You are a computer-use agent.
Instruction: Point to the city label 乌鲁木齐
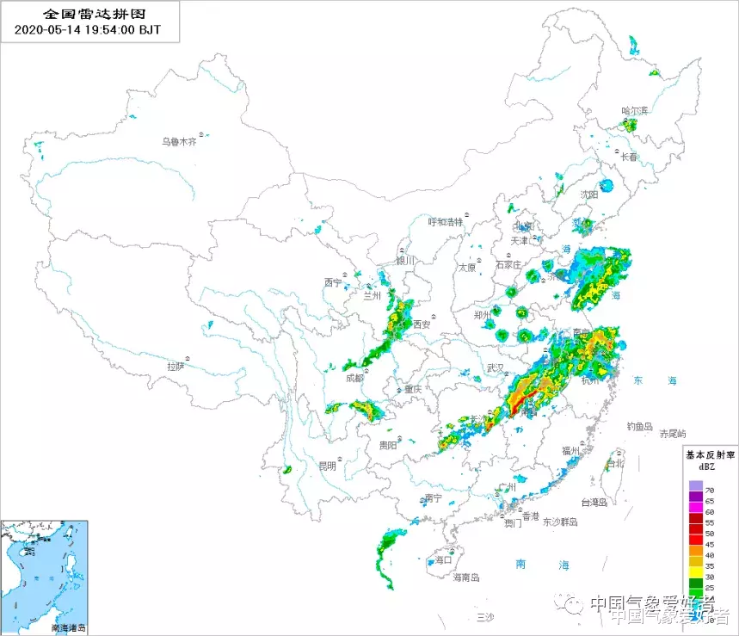tap(181, 142)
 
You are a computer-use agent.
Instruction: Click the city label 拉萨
tap(176, 367)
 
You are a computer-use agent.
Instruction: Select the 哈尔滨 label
tap(635, 111)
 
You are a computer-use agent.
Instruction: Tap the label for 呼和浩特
tap(446, 221)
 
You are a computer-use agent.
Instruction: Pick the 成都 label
tap(354, 379)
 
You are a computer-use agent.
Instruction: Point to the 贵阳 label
tap(389, 446)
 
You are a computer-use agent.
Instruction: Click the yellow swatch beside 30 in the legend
tap(693, 575)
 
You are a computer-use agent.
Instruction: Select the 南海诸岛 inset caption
tap(69, 628)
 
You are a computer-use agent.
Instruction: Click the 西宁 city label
tap(333, 282)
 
